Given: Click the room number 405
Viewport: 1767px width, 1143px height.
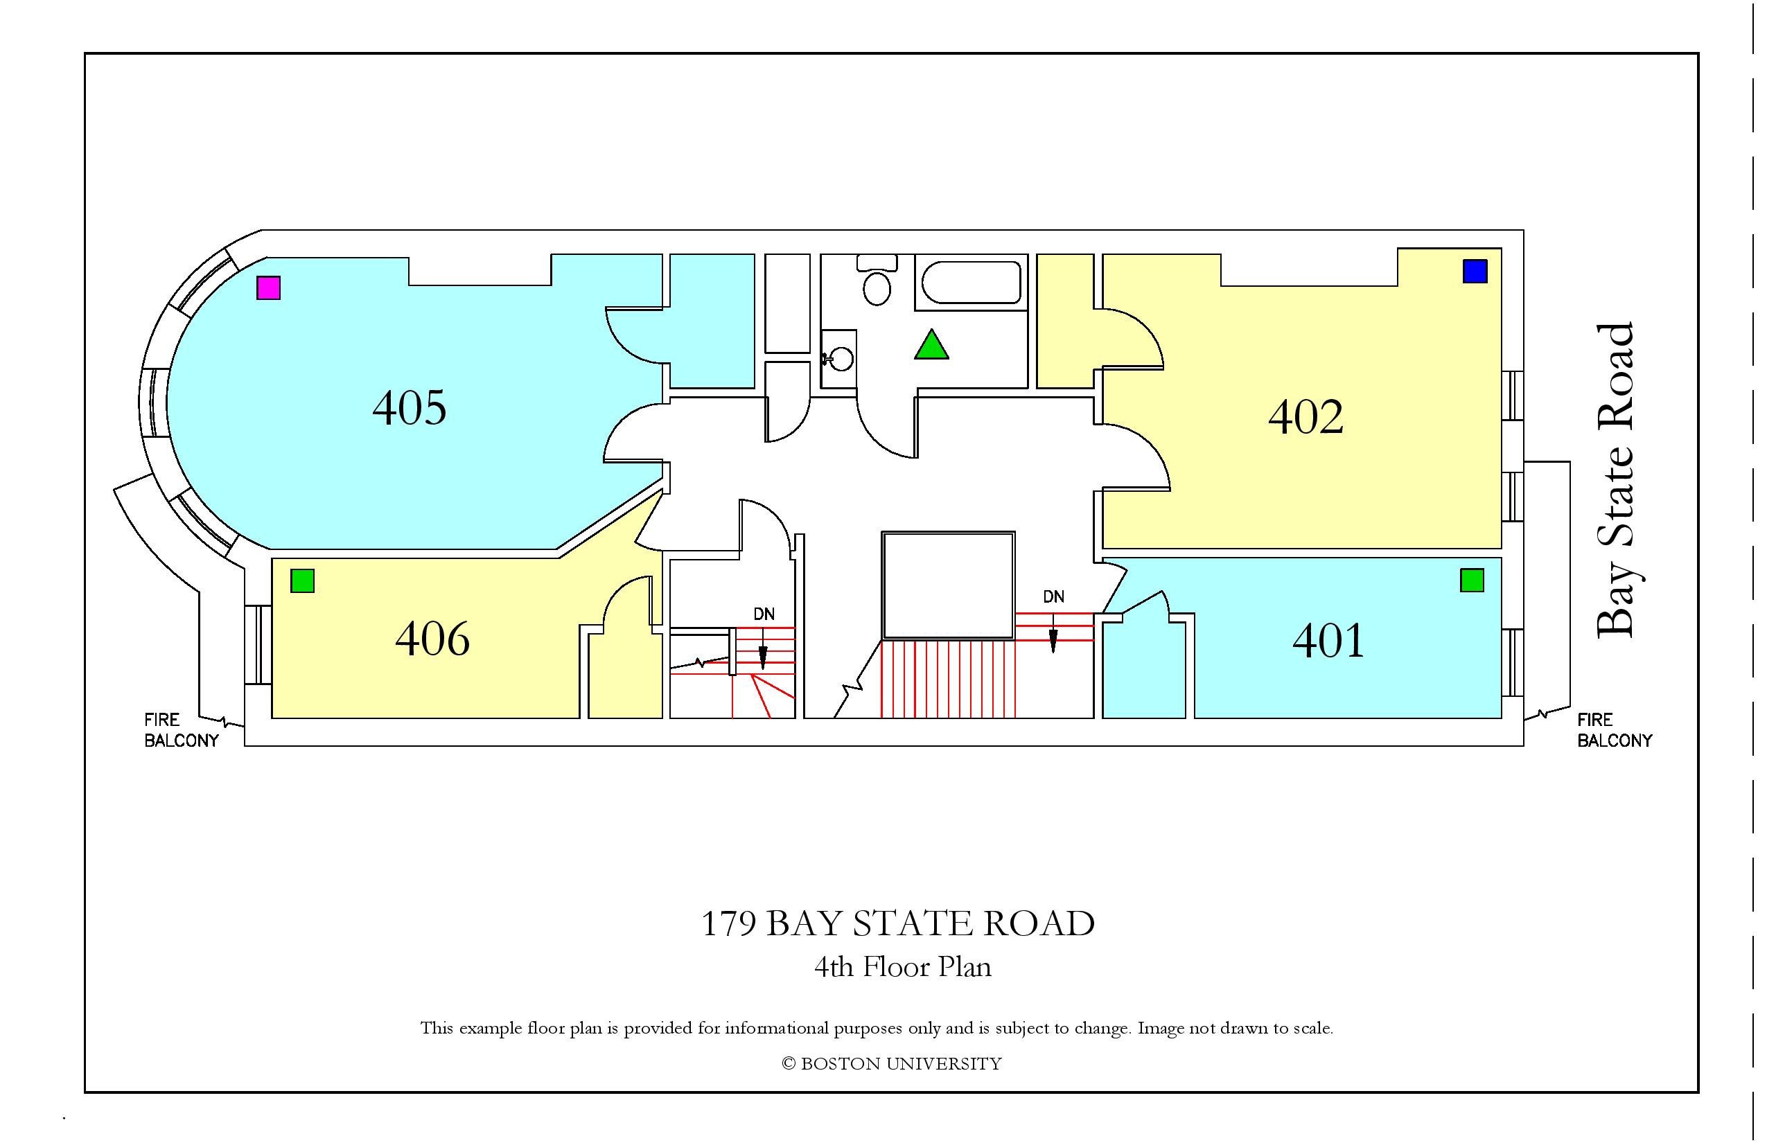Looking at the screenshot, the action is [409, 407].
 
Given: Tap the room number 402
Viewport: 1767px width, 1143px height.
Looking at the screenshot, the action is [1306, 416].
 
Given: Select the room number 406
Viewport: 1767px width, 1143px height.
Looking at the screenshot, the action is [432, 638].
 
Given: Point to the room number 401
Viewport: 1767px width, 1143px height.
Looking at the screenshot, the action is [1328, 641].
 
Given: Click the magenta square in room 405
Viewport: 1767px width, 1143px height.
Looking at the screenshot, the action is [268, 287].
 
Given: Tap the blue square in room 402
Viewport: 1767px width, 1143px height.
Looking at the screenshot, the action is [1475, 271].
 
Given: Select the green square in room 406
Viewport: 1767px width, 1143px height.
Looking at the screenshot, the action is [302, 581].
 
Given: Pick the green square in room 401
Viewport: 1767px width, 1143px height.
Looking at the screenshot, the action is [1472, 580].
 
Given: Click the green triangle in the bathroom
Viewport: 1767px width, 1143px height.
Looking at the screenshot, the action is [931, 346].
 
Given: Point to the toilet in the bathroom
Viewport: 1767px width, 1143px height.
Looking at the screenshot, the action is [877, 280].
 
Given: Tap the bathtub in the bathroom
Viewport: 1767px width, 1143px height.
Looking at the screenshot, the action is [971, 282].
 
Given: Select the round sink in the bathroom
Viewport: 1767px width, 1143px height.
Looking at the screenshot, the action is [842, 360].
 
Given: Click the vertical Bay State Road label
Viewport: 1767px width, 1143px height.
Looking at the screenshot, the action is [1615, 480].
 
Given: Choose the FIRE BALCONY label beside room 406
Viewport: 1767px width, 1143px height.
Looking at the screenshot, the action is [181, 729].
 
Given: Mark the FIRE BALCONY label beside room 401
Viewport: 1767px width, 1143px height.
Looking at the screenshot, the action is [1614, 729].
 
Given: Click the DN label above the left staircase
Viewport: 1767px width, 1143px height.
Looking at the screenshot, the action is [764, 614].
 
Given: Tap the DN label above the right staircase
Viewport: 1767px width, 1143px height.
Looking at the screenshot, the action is [1053, 596].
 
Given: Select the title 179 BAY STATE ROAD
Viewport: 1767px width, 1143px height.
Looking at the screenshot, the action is [897, 923].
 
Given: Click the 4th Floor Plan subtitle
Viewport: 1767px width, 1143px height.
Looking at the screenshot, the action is [903, 966].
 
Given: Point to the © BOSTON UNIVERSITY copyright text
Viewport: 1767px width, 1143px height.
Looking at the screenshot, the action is [891, 1063].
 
